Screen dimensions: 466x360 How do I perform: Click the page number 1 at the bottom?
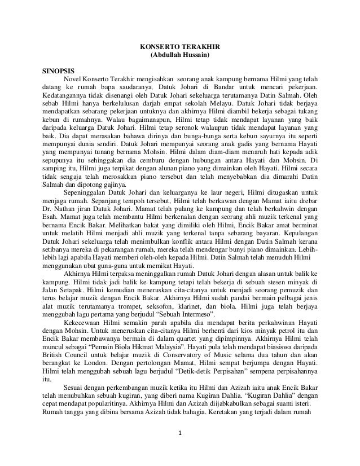pos(179,450)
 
